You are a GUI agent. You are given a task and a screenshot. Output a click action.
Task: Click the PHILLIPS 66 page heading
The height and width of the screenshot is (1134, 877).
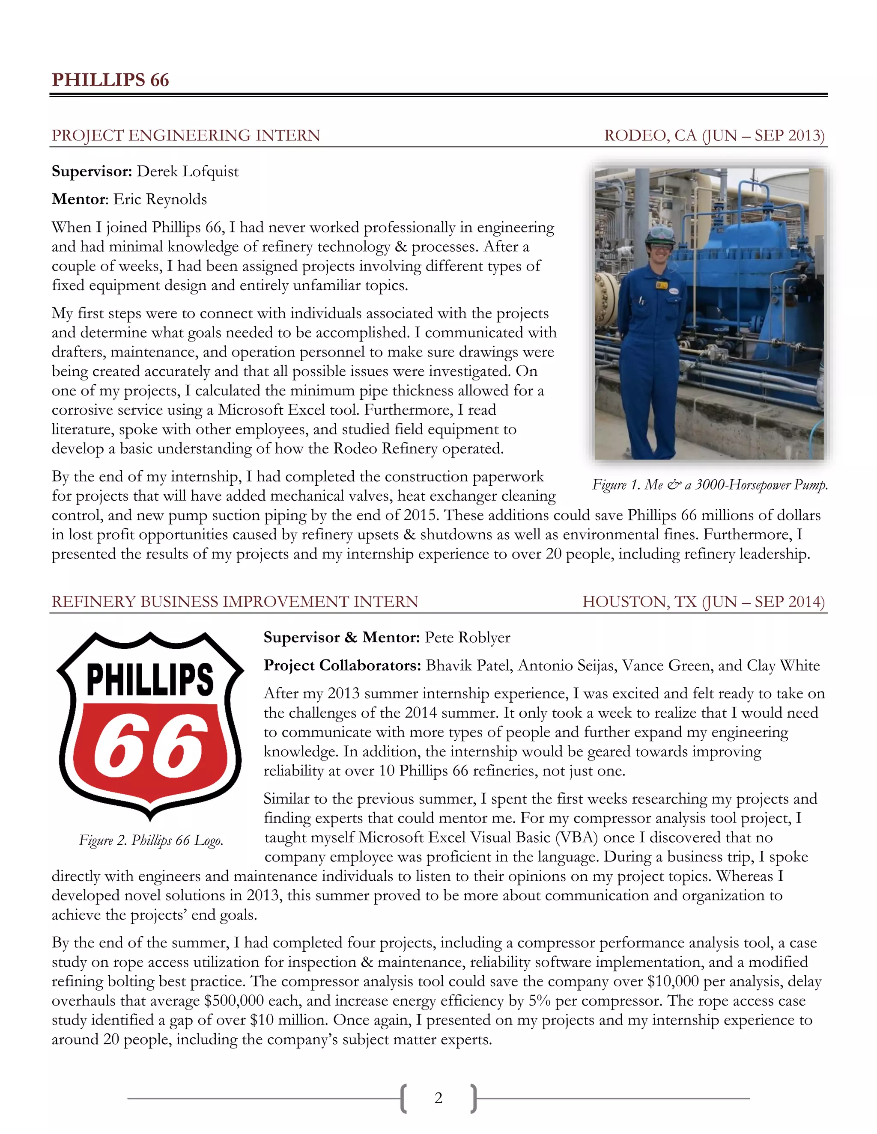[x=110, y=80]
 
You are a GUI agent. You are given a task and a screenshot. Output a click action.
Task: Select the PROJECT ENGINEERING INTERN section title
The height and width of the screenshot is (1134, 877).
[x=185, y=136]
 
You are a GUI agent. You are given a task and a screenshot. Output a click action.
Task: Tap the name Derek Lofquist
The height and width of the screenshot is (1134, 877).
[x=188, y=171]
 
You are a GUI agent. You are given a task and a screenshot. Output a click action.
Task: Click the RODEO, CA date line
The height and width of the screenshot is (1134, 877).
[x=714, y=136]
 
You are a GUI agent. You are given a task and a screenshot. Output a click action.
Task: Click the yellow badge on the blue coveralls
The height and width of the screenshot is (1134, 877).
[x=661, y=285]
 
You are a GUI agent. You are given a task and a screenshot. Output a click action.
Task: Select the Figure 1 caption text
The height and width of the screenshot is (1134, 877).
[x=710, y=485]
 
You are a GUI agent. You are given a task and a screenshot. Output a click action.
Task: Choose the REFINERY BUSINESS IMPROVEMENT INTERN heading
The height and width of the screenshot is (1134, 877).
[x=235, y=602]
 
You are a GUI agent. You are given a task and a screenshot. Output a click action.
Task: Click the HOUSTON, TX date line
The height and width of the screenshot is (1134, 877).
[x=704, y=602]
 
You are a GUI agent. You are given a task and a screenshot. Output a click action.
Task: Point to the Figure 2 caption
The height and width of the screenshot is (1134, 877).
[x=151, y=840]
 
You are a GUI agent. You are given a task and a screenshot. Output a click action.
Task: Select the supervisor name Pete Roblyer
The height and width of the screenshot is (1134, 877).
[x=468, y=638]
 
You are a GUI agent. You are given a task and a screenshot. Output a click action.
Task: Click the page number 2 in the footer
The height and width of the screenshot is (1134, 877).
[x=438, y=1098]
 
